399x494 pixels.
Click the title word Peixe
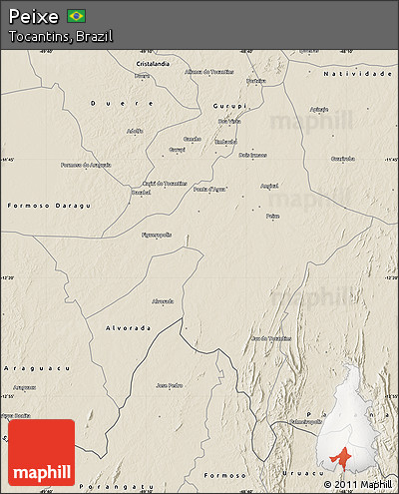tap(33, 16)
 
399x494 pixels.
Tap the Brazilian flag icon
tap(76, 16)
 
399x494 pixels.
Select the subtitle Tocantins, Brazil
tap(60, 36)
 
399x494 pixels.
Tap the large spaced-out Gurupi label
tap(228, 105)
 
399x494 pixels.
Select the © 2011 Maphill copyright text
tap(357, 485)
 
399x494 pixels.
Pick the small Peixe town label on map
tap(272, 216)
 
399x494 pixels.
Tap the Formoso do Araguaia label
tap(85, 165)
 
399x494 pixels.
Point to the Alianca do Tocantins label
tap(208, 72)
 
